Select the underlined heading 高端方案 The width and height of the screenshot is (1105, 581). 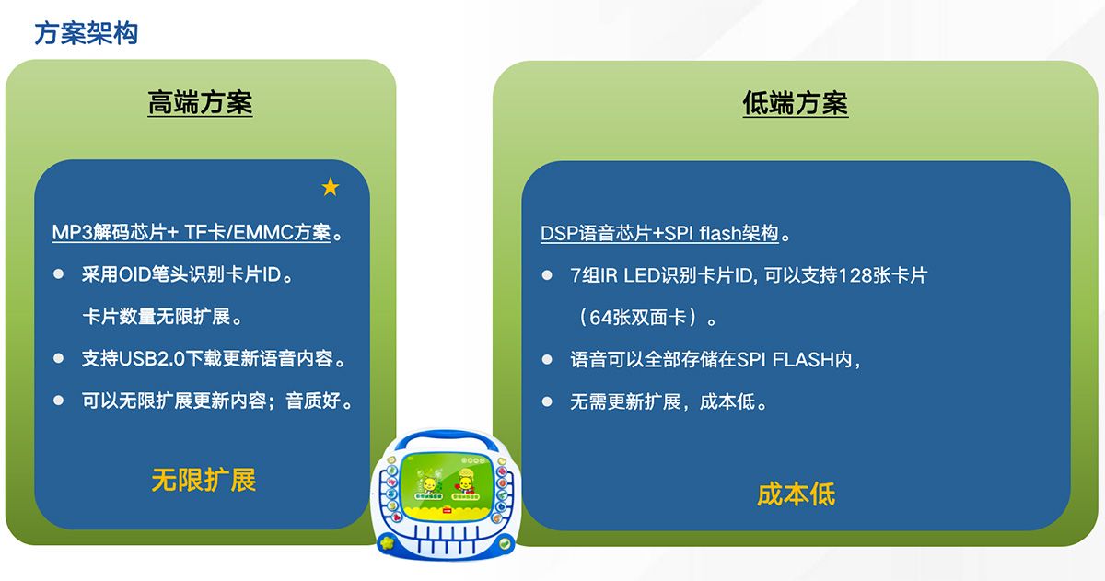click(x=200, y=102)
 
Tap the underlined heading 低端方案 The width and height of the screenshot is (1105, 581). click(x=795, y=103)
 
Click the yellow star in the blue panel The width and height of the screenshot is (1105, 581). click(x=331, y=188)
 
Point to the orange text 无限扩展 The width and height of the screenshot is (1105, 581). click(x=204, y=479)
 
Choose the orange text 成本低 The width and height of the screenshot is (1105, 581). click(x=796, y=494)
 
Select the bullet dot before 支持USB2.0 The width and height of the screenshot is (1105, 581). click(x=59, y=358)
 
